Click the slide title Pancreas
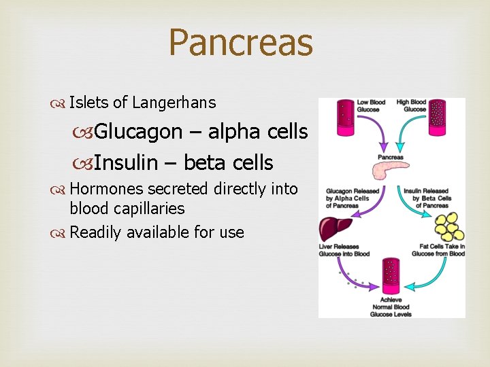pos(240,42)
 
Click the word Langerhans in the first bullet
pos(174,103)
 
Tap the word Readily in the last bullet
pos(95,232)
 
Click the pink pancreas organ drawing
pos(392,170)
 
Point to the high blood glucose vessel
pos(436,117)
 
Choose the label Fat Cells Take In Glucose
pos(438,249)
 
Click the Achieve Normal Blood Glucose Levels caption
pos(391,307)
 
